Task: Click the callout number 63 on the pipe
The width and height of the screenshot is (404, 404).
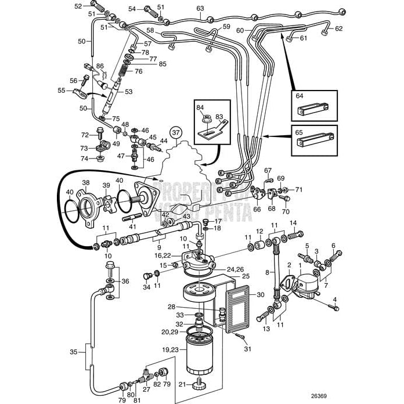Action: pos(200,9)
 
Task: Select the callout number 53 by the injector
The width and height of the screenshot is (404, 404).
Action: pos(128,91)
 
